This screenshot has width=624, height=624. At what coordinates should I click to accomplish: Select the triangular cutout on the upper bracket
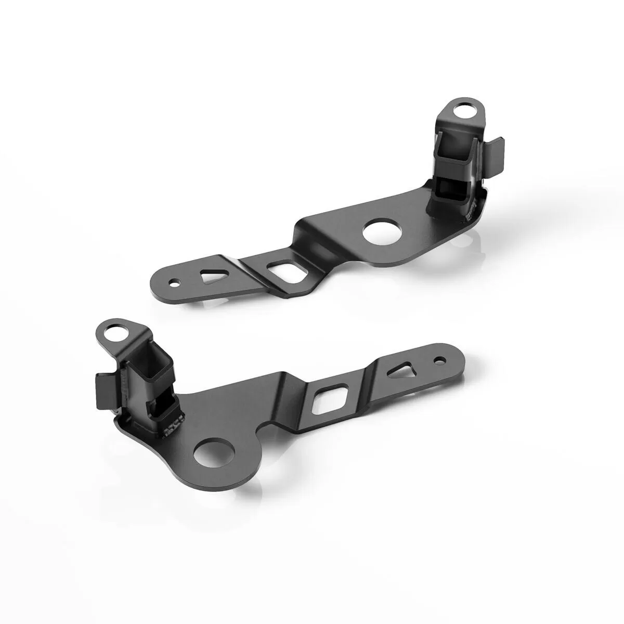point(211,276)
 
